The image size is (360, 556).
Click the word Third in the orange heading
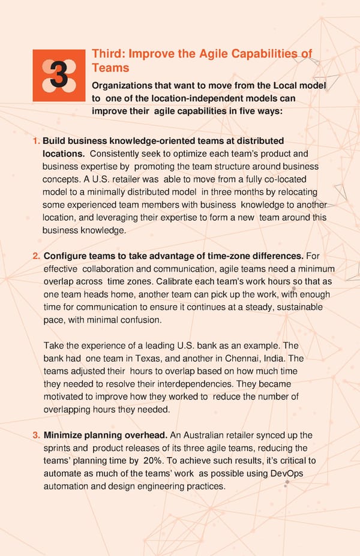[x=107, y=54]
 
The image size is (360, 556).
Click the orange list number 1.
[x=36, y=141]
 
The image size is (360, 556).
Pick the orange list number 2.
[x=36, y=257]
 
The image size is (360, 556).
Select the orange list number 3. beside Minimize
[x=36, y=435]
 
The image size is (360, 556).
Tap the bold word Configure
[x=66, y=257]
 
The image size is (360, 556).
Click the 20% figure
[x=151, y=461]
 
